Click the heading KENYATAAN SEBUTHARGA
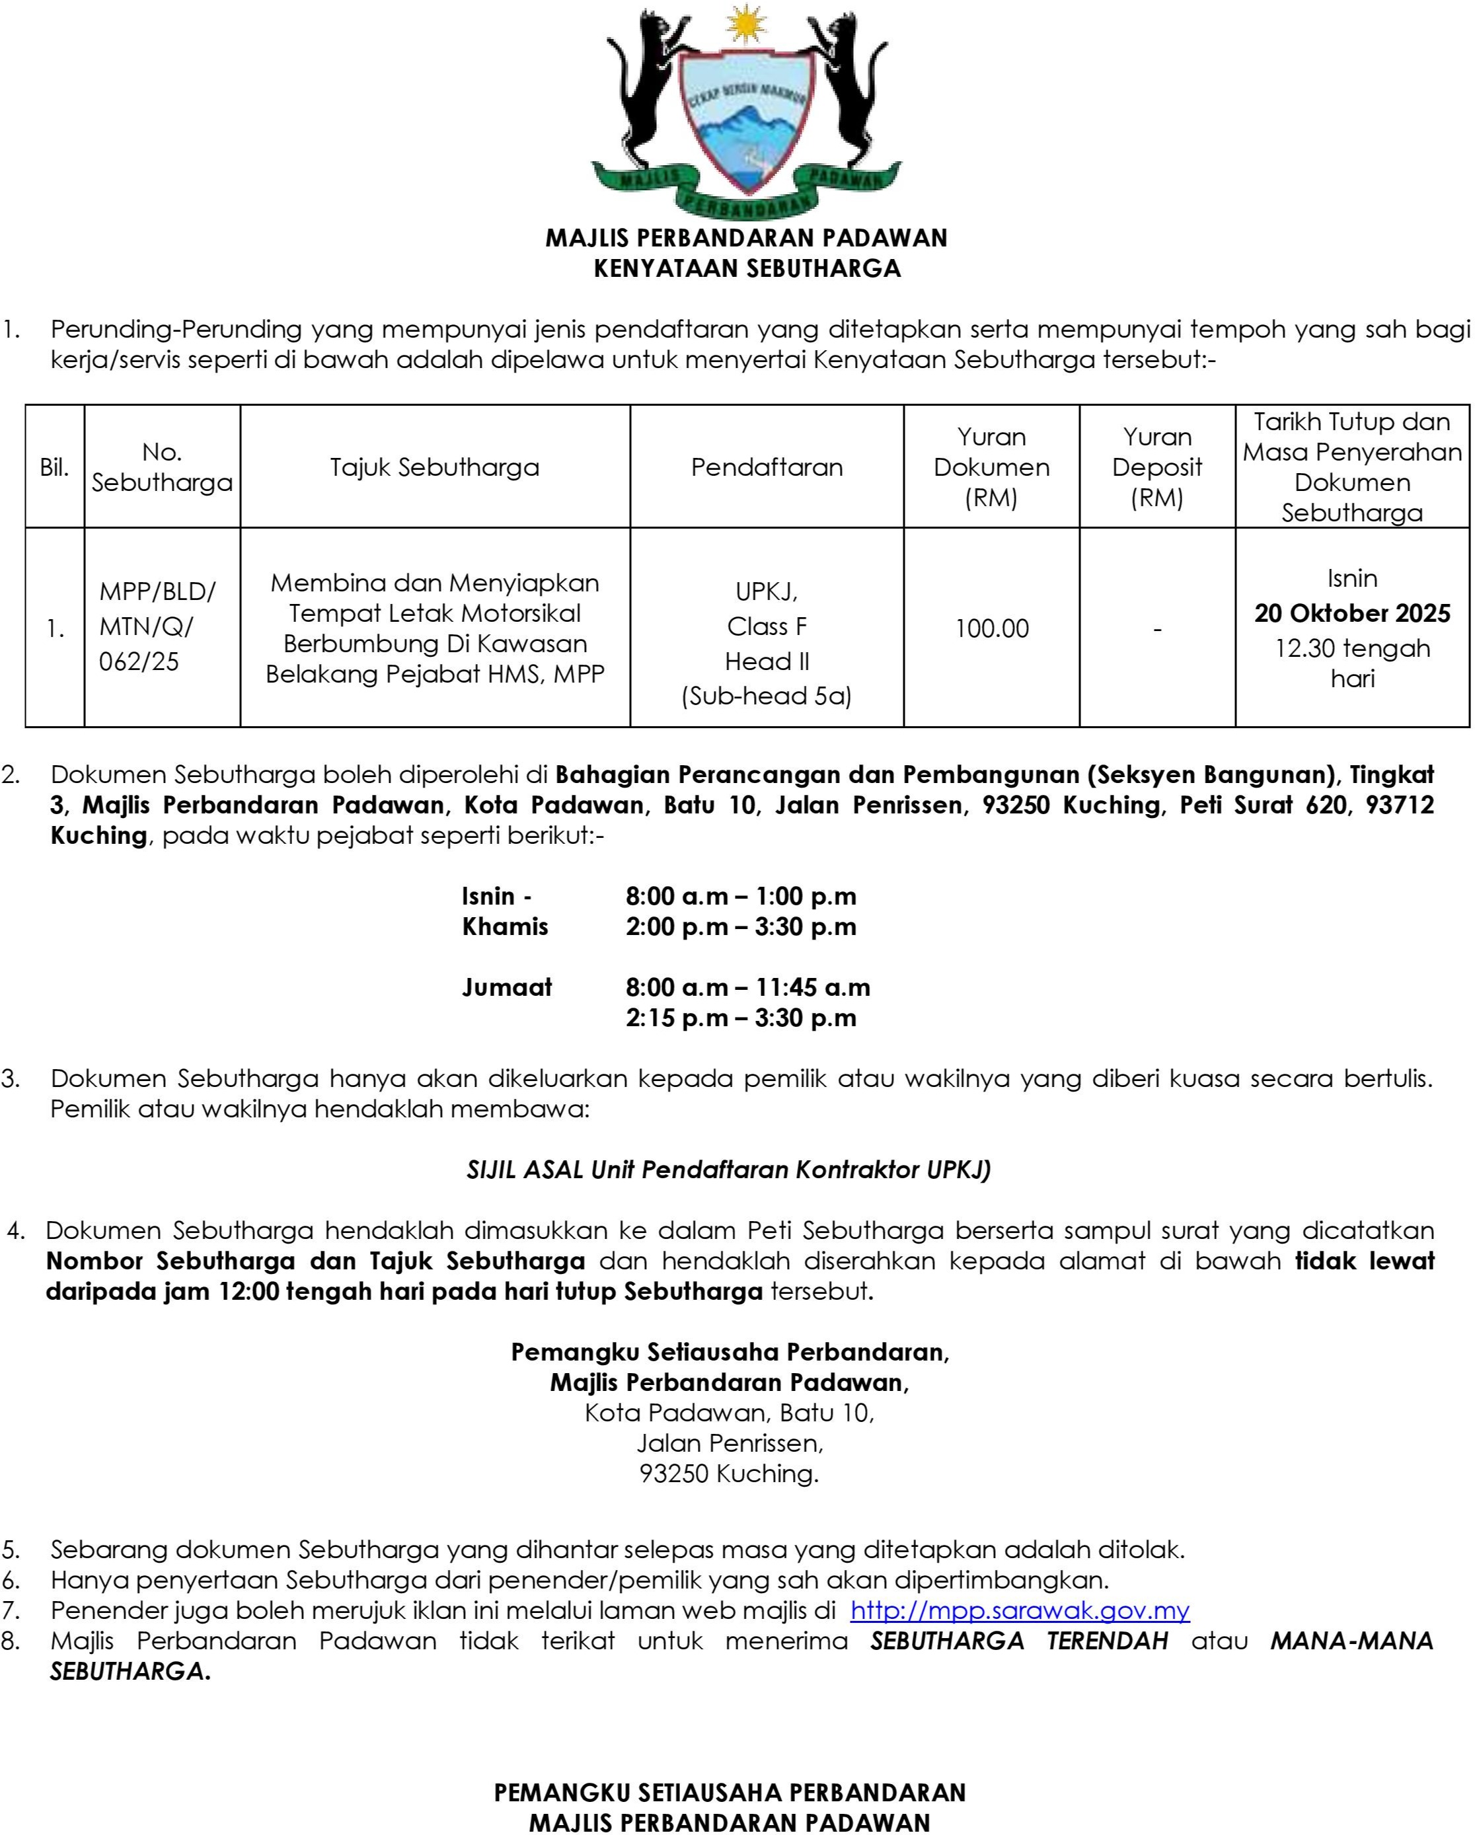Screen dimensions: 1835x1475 747,268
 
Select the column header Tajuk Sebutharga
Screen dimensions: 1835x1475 434,467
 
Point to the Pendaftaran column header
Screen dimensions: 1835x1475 766,467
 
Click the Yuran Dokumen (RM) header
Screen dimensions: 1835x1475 991,467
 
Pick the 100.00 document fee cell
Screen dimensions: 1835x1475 991,628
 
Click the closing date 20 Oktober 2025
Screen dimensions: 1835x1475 1351,613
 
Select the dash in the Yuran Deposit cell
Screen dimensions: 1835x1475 1156,628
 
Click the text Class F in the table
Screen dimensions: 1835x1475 766,626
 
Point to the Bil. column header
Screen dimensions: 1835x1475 54,467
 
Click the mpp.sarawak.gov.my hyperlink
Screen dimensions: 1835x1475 1019,1610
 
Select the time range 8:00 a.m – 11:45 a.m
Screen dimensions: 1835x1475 747,987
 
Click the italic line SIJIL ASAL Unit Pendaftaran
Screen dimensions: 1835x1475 728,1170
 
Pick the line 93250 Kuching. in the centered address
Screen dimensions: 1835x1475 728,1474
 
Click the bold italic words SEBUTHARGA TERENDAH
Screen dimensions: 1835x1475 1019,1640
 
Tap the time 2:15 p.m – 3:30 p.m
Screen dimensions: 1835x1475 741,1018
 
